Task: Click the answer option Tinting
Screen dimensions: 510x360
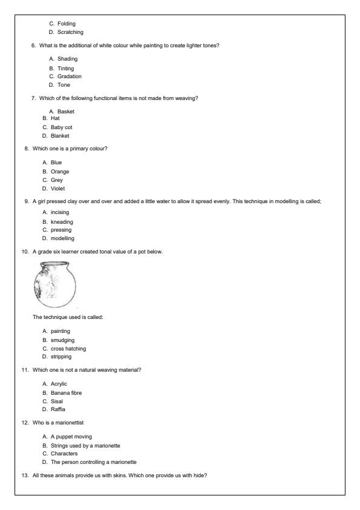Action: click(65, 69)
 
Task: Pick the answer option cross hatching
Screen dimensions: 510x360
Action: click(68, 349)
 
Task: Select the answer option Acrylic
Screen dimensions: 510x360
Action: click(60, 384)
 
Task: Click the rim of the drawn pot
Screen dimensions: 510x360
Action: click(52, 264)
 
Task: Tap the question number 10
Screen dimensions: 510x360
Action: click(25, 251)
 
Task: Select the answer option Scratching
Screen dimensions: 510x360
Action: click(70, 32)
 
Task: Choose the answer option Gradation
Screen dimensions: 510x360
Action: click(69, 76)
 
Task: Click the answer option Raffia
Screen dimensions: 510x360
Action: click(59, 410)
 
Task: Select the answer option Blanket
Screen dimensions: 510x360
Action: click(59, 136)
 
